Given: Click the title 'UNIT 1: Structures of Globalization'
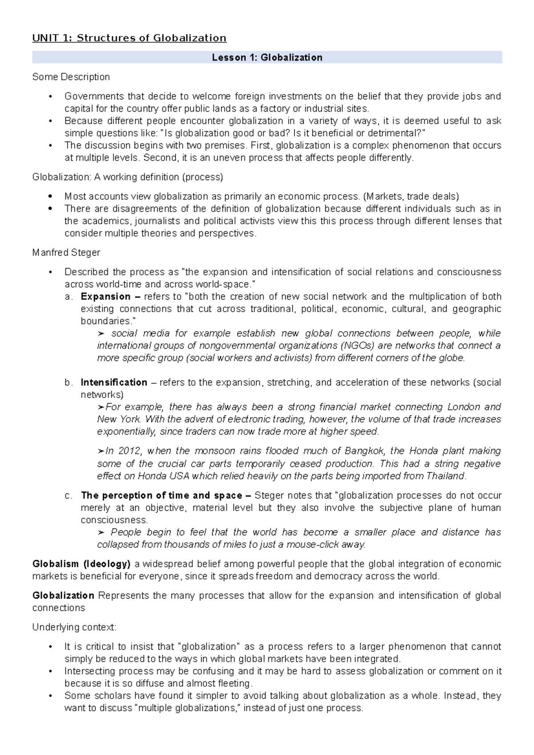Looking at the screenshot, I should point(129,38).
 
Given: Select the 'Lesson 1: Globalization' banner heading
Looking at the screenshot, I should point(267,57).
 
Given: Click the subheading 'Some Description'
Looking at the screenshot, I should point(71,77).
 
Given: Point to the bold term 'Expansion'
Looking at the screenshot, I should point(105,297).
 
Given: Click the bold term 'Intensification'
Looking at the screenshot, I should point(114,382).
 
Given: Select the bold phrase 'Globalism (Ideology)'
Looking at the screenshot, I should point(81,564).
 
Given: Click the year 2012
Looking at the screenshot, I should point(129,451).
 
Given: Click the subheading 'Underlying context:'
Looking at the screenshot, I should point(74,627).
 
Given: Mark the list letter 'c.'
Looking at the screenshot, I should point(69,495).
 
